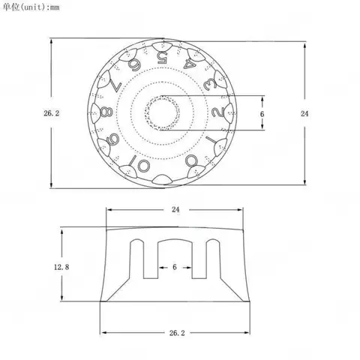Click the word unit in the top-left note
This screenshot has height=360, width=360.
(x=34, y=7)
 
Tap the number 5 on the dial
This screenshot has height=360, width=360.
(x=162, y=58)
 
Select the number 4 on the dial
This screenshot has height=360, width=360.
(x=189, y=64)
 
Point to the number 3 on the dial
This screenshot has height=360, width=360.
(x=209, y=84)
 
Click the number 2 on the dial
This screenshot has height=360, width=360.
(x=218, y=112)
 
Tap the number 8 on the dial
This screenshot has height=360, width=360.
(x=106, y=112)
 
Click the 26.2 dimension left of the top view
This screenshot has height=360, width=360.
(x=52, y=113)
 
